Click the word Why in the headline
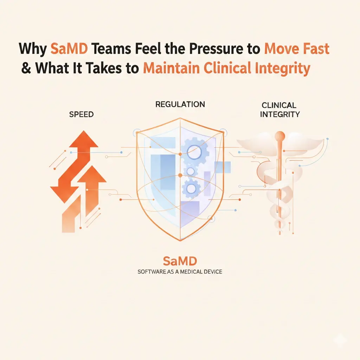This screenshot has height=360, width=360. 33,49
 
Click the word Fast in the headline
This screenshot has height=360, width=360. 313,49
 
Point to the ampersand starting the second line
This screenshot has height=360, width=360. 26,67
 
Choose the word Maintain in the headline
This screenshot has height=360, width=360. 170,67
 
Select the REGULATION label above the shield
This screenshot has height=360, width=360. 180,104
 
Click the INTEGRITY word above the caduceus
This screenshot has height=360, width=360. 281,114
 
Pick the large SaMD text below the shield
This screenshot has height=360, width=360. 180,262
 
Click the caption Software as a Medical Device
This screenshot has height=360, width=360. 180,272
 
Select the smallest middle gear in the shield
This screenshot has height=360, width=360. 191,171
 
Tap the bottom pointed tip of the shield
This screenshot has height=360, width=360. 180,240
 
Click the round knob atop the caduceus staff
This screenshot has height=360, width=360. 280,136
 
